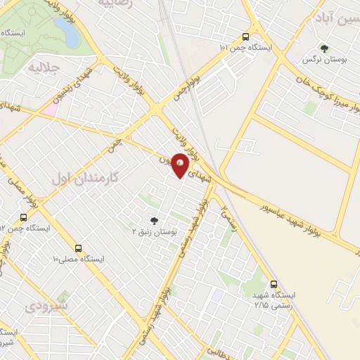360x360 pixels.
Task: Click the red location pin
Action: (181, 165)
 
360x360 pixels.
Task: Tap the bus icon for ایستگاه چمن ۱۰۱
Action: (245, 37)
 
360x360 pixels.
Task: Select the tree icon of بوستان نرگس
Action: (324, 49)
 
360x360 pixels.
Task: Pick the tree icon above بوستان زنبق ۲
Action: (154, 219)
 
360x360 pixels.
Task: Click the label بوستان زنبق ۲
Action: (157, 231)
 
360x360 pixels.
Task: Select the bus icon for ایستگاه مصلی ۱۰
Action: (77, 247)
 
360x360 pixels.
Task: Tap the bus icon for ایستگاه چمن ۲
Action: (24, 217)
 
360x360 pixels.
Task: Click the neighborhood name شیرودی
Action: (46, 307)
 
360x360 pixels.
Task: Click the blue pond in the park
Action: (67, 32)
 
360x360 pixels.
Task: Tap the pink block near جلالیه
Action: (49, 110)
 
